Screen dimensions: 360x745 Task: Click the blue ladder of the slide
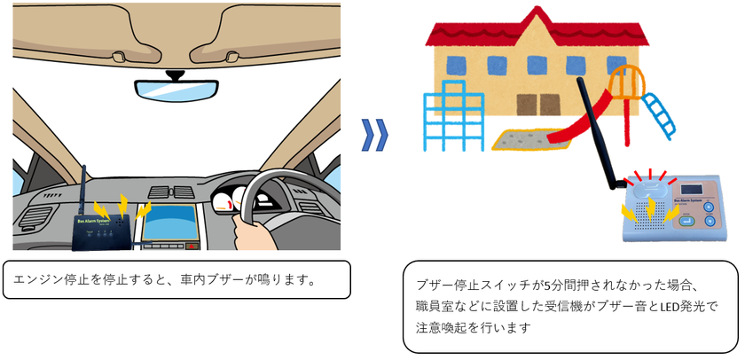click(x=658, y=114)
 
